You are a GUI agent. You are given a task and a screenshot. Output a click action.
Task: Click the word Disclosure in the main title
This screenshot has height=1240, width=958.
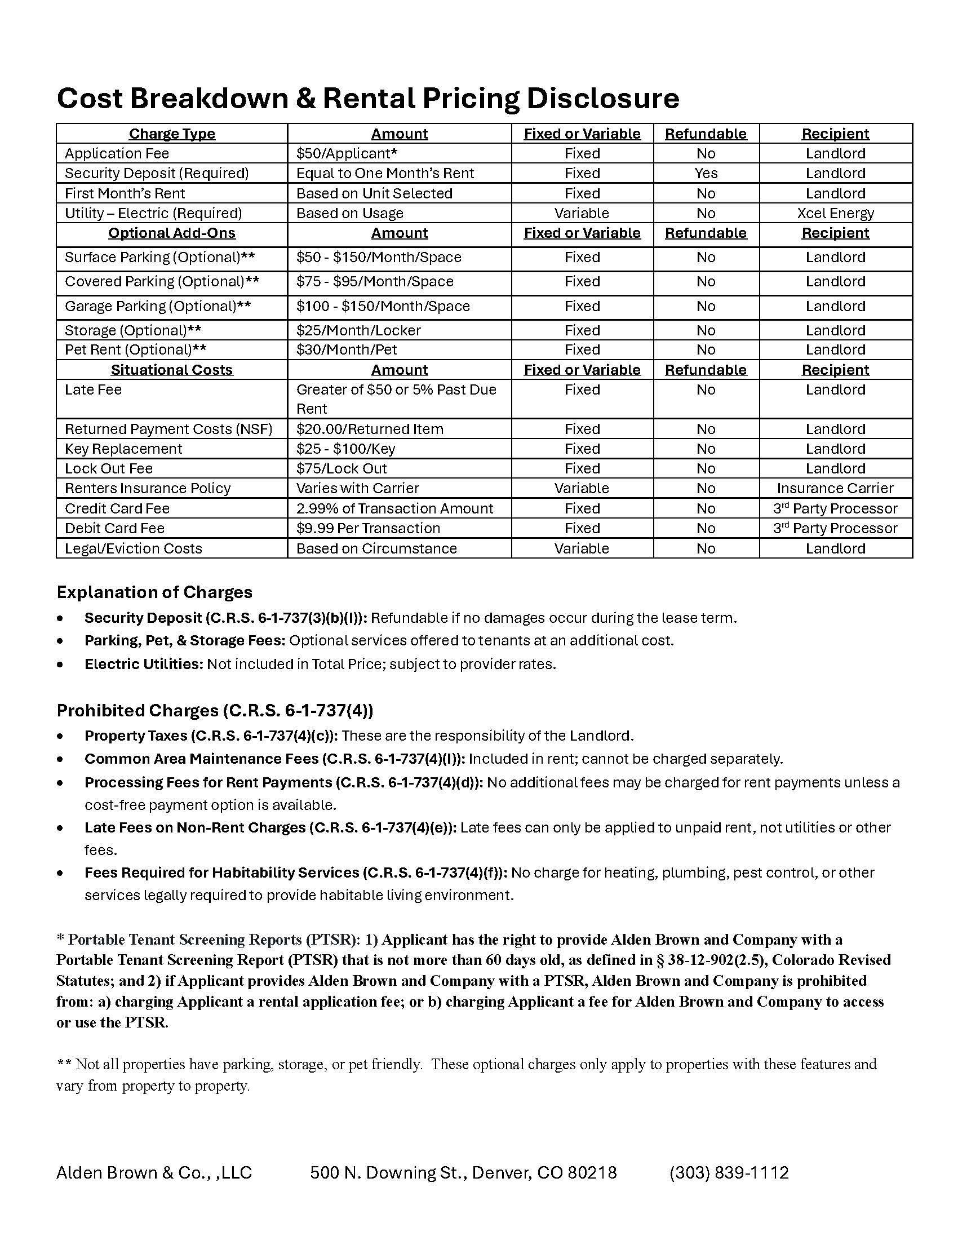[602, 98]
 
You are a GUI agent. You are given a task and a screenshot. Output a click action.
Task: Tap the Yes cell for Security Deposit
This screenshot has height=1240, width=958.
[706, 173]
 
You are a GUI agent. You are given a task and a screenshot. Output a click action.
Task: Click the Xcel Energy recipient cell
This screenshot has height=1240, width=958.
[835, 214]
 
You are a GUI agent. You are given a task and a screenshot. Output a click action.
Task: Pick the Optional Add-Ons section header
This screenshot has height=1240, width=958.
[171, 233]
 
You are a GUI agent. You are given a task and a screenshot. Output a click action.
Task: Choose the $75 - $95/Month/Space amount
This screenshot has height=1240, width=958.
[375, 282]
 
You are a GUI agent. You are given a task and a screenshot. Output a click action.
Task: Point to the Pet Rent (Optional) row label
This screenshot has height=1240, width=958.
[135, 350]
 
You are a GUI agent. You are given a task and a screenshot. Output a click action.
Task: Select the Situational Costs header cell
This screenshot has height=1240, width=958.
[171, 370]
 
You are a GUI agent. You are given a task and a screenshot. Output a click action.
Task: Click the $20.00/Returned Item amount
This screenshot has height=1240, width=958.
[370, 429]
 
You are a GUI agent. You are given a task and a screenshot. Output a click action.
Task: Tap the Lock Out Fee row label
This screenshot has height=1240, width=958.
[108, 469]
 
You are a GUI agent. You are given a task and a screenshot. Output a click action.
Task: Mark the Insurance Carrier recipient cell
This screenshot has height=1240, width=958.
[835, 488]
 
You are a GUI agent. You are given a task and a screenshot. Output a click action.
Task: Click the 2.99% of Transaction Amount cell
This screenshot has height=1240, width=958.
[394, 509]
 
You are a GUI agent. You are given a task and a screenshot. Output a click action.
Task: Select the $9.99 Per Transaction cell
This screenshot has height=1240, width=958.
[368, 529]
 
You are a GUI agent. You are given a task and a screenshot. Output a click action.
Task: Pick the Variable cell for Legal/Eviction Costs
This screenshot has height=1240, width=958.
[582, 548]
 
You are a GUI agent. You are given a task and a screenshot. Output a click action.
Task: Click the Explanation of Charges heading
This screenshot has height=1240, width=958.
[154, 592]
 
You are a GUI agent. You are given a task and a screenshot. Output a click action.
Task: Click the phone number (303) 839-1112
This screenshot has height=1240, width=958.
[729, 1173]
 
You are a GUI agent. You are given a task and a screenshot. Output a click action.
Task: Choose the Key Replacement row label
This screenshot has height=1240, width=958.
[123, 449]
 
